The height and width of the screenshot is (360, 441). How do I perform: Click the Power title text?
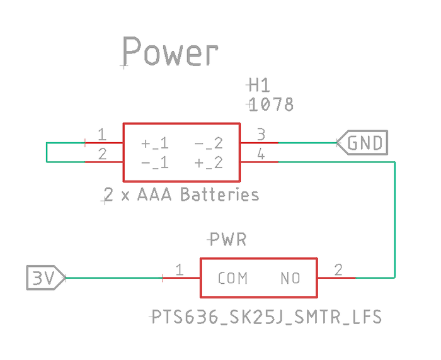[x=170, y=52]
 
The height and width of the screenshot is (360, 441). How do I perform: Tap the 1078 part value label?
[x=272, y=104]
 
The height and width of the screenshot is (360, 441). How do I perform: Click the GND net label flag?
[x=364, y=143]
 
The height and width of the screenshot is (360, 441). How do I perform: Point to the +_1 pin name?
[x=154, y=143]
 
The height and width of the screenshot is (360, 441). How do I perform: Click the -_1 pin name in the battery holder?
[x=154, y=163]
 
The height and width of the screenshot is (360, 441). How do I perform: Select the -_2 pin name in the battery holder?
[x=209, y=143]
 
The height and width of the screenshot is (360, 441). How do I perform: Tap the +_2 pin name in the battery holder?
[x=209, y=163]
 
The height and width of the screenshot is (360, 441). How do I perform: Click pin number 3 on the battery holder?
[x=260, y=135]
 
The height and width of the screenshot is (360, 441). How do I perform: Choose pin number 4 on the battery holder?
[x=260, y=154]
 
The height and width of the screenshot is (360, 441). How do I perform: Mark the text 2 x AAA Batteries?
[x=181, y=194]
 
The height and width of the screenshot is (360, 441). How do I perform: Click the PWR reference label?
[x=227, y=239]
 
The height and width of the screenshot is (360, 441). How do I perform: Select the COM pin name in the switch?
[x=232, y=278]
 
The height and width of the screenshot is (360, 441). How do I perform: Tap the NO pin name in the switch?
[x=290, y=278]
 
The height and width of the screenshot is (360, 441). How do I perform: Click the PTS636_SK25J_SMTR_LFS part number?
[x=266, y=317]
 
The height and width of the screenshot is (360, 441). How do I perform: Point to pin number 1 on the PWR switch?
[x=179, y=270]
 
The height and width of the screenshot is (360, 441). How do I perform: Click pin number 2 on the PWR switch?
[x=338, y=270]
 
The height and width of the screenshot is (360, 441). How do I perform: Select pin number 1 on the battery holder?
[x=102, y=135]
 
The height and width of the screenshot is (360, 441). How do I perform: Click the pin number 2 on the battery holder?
[x=102, y=154]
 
